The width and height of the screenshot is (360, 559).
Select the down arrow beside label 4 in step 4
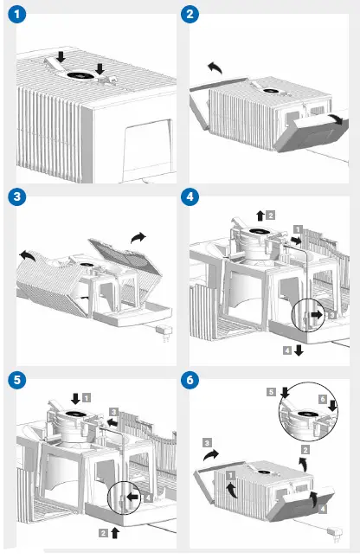tap(299, 350)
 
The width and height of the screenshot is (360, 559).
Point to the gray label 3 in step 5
tap(112, 412)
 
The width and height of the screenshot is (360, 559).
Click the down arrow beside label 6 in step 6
tap(333, 406)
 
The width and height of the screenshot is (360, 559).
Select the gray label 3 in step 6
tap(206, 441)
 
